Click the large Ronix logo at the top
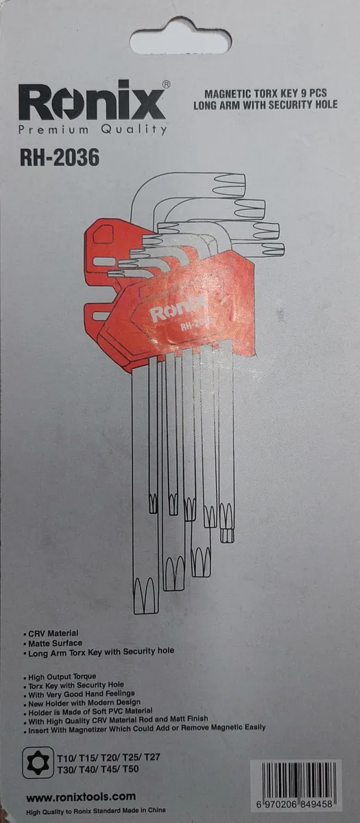[x=92, y=102]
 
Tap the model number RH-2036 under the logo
[x=60, y=157]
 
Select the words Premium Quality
[x=93, y=130]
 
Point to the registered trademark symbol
[x=166, y=84]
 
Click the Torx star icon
[x=38, y=763]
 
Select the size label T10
[x=66, y=758]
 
